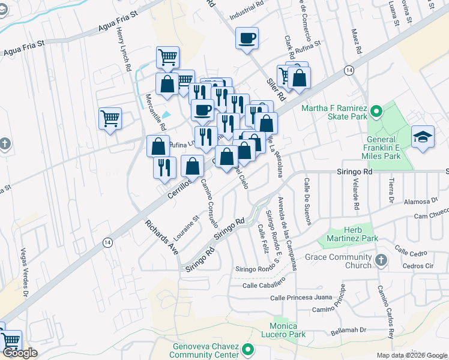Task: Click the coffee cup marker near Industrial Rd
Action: click(x=247, y=39)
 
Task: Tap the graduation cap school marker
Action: click(x=423, y=137)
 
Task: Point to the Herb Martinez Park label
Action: click(x=352, y=234)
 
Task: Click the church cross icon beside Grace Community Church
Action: click(x=381, y=260)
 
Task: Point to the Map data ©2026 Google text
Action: click(x=412, y=355)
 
